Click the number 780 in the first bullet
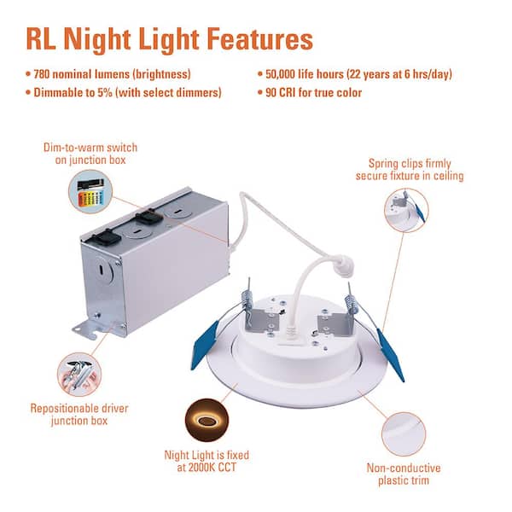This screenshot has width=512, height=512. click(46, 74)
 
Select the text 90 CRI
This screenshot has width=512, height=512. click(282, 92)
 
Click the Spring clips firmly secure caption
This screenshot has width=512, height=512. click(410, 169)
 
